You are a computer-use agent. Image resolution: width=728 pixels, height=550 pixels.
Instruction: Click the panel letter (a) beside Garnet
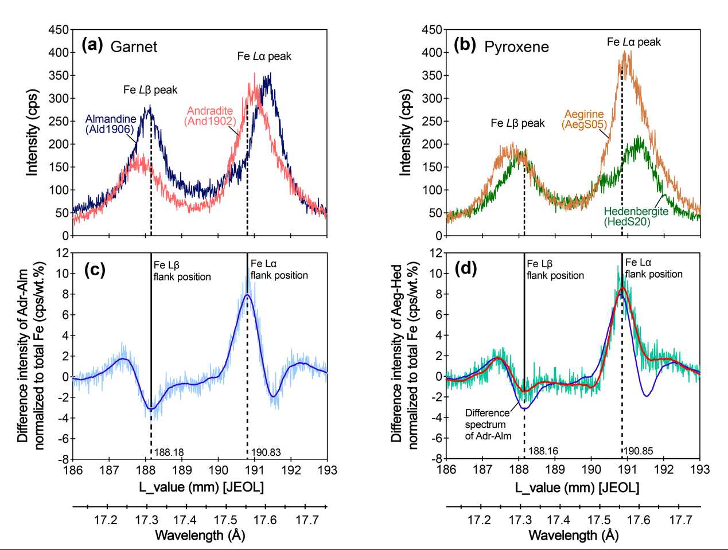click(x=92, y=45)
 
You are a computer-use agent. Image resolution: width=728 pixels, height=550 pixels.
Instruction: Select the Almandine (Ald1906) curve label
click(x=111, y=124)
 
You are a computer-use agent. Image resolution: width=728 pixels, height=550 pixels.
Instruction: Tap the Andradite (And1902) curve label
click(x=210, y=116)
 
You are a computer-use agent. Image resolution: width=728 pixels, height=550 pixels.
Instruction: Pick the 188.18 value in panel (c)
click(x=169, y=453)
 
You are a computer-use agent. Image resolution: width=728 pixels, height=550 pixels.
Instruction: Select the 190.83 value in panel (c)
click(x=266, y=453)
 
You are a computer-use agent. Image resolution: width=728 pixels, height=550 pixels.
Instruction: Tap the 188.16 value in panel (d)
click(x=543, y=451)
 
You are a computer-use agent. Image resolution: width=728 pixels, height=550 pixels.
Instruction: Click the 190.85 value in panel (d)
click(x=639, y=451)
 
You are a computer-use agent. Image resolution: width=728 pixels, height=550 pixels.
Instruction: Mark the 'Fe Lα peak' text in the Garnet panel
click(x=264, y=56)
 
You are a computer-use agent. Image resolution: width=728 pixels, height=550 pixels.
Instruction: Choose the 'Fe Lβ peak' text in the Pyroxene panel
click(x=517, y=123)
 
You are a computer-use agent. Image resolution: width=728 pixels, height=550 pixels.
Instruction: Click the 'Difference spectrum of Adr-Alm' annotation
click(x=486, y=424)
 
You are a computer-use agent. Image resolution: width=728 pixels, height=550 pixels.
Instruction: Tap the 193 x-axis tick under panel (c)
click(x=327, y=470)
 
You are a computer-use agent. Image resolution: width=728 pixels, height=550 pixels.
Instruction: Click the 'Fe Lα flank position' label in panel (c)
click(x=279, y=270)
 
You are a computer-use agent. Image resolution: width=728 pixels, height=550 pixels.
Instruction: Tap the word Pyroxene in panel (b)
click(x=516, y=47)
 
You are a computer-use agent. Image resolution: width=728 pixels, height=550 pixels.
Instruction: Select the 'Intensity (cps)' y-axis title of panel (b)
click(x=406, y=132)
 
